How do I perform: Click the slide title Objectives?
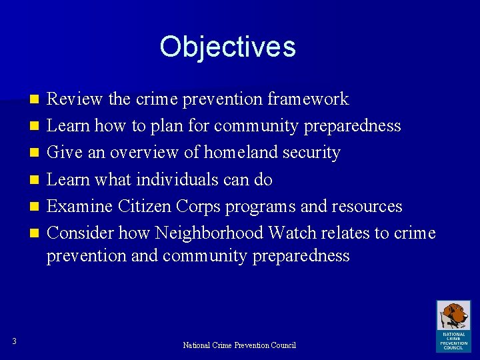(227, 47)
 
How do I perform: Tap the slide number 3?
(14, 342)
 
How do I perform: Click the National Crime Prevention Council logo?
(453, 325)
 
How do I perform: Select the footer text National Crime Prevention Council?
(239, 345)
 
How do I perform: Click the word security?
(312, 153)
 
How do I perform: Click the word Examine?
(80, 206)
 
